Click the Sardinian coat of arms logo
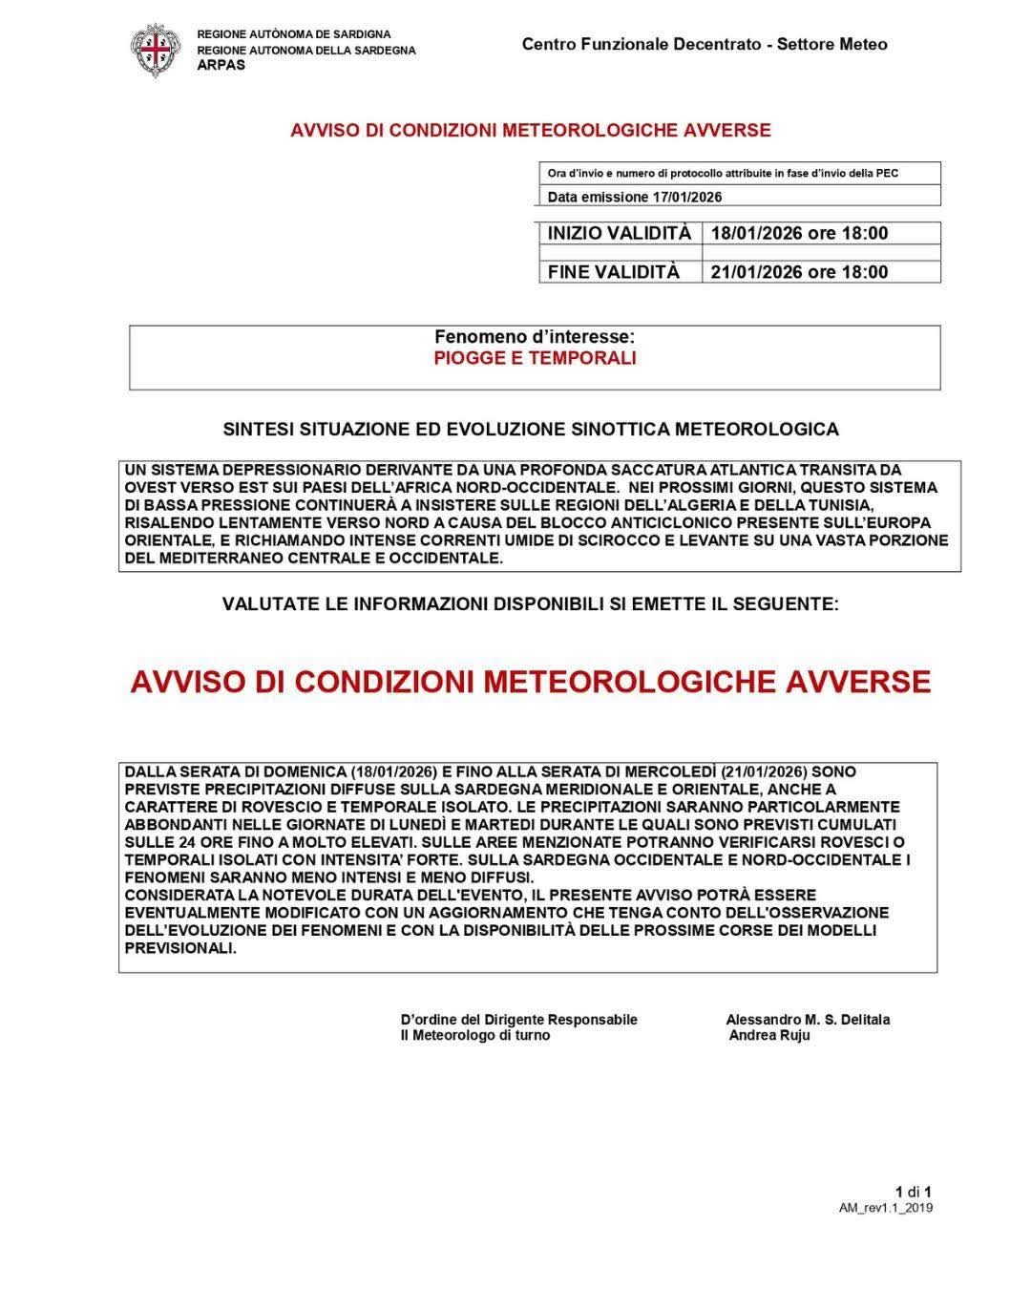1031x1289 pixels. click(154, 52)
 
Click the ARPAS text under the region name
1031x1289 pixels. click(221, 65)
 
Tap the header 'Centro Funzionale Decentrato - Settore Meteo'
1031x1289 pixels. click(705, 44)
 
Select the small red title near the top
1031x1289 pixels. click(531, 130)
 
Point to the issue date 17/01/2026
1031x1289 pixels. click(687, 197)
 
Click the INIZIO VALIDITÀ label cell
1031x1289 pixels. click(619, 233)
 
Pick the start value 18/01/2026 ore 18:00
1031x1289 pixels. click(799, 233)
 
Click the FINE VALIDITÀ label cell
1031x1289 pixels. click(614, 272)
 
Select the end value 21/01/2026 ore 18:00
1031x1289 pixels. click(799, 272)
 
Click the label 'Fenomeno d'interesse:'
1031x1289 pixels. click(535, 337)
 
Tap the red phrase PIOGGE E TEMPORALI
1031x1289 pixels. click(535, 358)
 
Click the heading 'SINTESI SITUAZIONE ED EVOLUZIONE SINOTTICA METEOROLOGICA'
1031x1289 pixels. click(531, 430)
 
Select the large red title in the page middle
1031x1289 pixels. click(531, 682)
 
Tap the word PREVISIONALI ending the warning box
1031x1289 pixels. click(179, 948)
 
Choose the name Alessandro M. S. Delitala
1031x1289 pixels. click(808, 1020)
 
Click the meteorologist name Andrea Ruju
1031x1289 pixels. click(769, 1035)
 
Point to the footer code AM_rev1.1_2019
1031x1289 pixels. click(886, 1208)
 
